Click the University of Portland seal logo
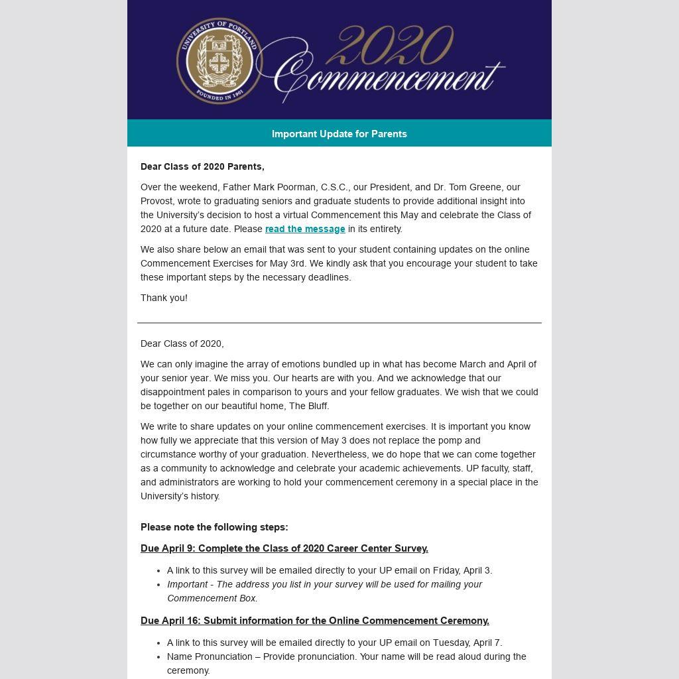tap(219, 60)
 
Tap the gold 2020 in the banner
tap(390, 46)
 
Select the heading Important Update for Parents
tap(339, 134)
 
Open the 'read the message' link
tap(305, 229)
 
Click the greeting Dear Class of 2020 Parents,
tap(202, 166)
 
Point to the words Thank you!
tap(164, 298)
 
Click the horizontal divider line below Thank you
tap(339, 323)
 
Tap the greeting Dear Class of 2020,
tap(182, 343)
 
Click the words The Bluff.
tap(308, 406)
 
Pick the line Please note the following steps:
tap(214, 527)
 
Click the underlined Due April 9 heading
tap(284, 548)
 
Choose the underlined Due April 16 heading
tap(315, 621)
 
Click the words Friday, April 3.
tap(462, 570)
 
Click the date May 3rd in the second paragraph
tap(288, 263)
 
